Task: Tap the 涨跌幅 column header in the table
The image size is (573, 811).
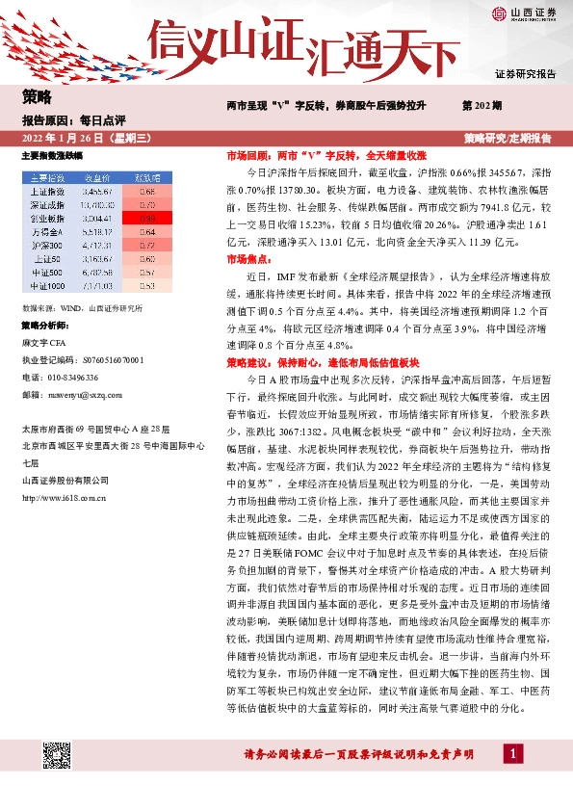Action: pos(146,178)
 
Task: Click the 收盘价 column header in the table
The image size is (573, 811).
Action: pos(98,178)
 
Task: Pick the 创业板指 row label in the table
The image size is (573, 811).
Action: pos(47,219)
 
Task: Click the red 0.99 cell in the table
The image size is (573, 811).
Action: pos(146,219)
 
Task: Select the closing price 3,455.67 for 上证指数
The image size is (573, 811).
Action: pos(98,192)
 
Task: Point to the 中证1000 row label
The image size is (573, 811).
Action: pos(47,286)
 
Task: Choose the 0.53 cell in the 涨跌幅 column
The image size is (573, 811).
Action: pos(146,286)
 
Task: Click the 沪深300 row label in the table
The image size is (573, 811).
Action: pos(47,246)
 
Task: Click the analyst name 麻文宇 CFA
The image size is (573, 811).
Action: pos(45,342)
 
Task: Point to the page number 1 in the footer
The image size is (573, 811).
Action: pos(516,778)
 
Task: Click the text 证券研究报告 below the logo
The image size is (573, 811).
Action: pos(526,74)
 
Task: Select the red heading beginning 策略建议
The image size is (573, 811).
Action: pos(307,363)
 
